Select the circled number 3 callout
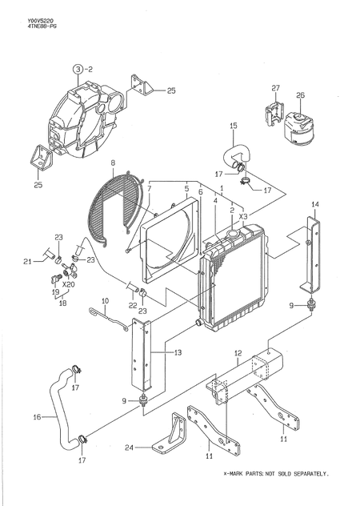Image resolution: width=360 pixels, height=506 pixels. [x=78, y=70]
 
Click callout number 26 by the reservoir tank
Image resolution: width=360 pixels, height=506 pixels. [x=300, y=95]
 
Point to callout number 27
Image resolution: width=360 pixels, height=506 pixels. [x=274, y=88]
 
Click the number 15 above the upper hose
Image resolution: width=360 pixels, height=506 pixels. [x=234, y=126]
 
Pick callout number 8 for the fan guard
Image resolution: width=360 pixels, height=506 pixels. [x=114, y=163]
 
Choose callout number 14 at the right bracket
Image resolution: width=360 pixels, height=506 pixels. [x=314, y=206]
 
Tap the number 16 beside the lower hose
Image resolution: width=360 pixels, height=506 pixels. [x=37, y=417]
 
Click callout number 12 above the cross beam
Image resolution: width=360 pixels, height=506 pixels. [x=238, y=352]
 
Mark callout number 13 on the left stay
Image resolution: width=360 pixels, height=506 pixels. [x=178, y=351]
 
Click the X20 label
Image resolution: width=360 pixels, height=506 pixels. [x=69, y=283]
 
